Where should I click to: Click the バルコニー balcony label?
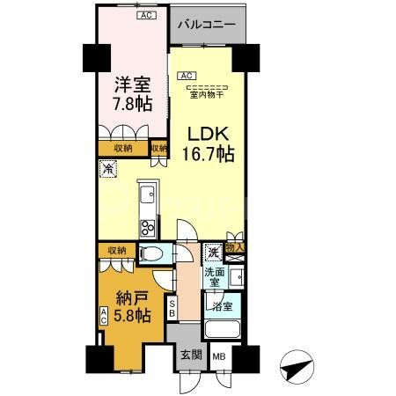coord(206,25)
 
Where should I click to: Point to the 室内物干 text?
coord(208,94)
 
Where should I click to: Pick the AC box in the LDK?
coord(187,76)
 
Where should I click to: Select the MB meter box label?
coord(219,356)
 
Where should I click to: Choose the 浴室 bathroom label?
coord(220,306)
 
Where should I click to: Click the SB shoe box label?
coord(172,308)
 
